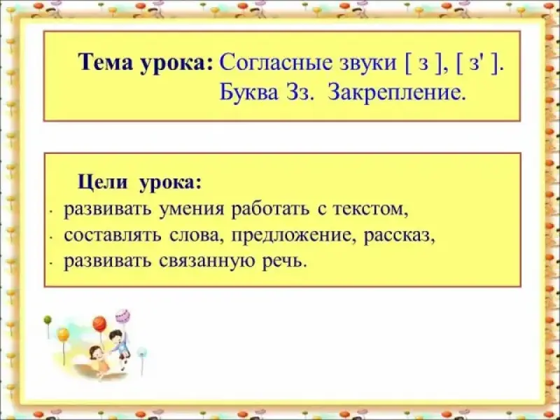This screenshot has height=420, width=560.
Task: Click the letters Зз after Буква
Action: pyautogui.click(x=297, y=94)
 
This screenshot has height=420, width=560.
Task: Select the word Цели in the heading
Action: pyautogui.click(x=102, y=182)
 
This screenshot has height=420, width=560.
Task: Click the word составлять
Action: pyautogui.click(x=113, y=236)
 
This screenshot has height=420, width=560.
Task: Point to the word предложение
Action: pyautogui.click(x=293, y=237)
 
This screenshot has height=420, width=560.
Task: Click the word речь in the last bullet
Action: pyautogui.click(x=285, y=262)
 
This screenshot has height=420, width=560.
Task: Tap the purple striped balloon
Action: pyautogui.click(x=122, y=317)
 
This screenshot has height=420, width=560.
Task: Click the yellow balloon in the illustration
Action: pyautogui.click(x=63, y=335)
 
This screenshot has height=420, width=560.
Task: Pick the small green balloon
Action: pyautogui.click(x=48, y=320)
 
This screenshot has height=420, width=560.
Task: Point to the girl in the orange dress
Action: pyautogui.click(x=99, y=360)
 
